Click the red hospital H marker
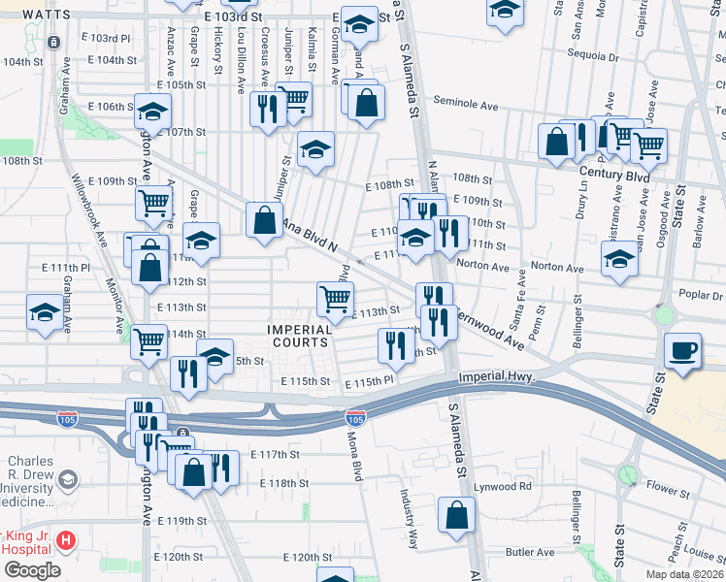[65, 539]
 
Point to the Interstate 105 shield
[356, 418]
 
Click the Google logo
[31, 570]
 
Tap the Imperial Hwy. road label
[497, 375]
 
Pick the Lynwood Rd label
[504, 485]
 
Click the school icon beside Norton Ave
[619, 259]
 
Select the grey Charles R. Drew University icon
[67, 479]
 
